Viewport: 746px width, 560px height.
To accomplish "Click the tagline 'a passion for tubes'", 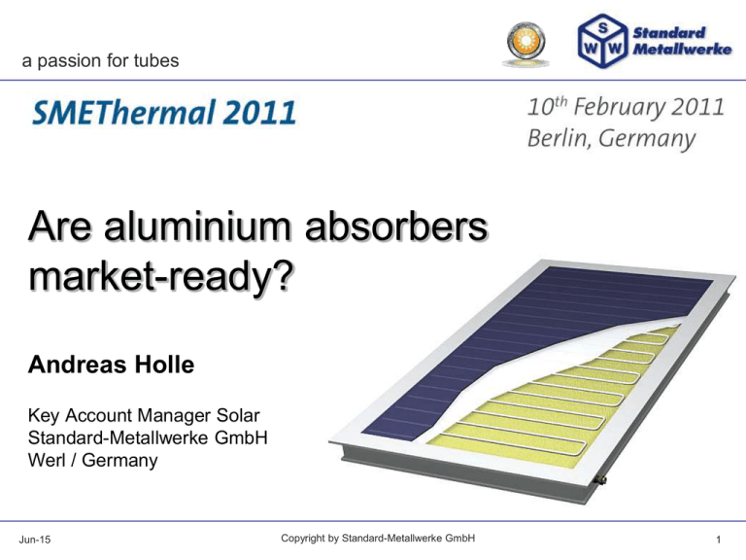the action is coord(100,61).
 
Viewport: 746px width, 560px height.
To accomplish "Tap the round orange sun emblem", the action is coord(526,43).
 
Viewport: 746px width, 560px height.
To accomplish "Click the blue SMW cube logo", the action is coord(603,41).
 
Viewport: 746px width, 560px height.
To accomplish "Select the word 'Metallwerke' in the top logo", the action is coord(682,49).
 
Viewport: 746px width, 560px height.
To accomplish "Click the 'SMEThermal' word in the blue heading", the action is coord(123,113).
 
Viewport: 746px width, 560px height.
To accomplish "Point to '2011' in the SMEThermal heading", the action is coord(259,113).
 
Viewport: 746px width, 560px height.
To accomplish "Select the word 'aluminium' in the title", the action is coord(197,227).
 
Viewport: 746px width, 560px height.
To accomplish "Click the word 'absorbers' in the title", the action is coord(396,227).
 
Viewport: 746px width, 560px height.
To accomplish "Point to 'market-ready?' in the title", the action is coord(161,277).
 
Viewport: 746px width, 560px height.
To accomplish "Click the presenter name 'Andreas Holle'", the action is coord(112,365).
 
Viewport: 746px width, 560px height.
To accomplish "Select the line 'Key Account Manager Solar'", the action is coord(144,415).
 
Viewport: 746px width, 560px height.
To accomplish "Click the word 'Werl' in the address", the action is coord(47,460).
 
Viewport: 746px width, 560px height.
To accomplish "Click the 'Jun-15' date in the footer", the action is coord(35,540).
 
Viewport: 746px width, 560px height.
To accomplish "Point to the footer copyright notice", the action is coord(378,539).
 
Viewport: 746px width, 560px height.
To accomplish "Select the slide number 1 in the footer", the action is coord(719,540).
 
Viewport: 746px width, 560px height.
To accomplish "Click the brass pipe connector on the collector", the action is coord(601,479).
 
